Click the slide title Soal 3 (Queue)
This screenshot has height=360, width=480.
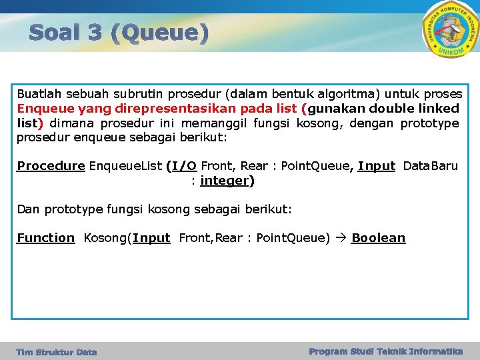click(x=119, y=32)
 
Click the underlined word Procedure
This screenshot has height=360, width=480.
click(x=51, y=165)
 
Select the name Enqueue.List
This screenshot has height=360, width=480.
click(x=125, y=165)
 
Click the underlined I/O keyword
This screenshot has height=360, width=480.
click(x=183, y=165)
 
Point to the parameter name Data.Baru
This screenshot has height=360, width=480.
click(x=431, y=165)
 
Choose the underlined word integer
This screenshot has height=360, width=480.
click(x=225, y=181)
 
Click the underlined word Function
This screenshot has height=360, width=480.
click(x=46, y=238)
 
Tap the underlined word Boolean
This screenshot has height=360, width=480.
click(x=378, y=238)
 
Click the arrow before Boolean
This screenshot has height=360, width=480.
click(x=341, y=238)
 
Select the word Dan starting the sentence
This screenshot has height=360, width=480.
click(x=28, y=209)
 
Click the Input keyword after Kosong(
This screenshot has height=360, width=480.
click(x=151, y=238)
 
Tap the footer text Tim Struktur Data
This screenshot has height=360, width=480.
click(x=57, y=352)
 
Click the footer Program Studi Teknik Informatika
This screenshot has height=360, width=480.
click(x=386, y=351)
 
